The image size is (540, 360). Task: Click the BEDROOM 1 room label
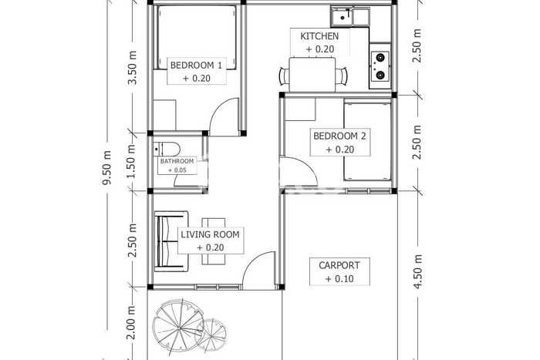196,65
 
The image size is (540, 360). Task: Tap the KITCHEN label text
319,35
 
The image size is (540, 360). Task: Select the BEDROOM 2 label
339,136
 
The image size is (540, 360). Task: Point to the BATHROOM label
177,161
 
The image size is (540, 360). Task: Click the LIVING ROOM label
210,234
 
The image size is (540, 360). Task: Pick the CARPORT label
339,265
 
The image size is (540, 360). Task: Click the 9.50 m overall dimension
107,167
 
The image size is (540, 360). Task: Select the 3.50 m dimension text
132,68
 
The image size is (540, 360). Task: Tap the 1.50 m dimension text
131,161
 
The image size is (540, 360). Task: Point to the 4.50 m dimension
417,271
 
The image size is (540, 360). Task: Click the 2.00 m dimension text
131,322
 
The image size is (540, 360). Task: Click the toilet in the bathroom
167,149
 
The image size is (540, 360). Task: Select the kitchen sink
350,16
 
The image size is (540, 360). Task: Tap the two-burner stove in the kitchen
380,66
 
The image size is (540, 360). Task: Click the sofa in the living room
171,241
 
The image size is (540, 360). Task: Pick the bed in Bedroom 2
367,140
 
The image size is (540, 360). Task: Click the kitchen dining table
312,75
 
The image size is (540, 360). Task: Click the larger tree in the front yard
178,326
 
